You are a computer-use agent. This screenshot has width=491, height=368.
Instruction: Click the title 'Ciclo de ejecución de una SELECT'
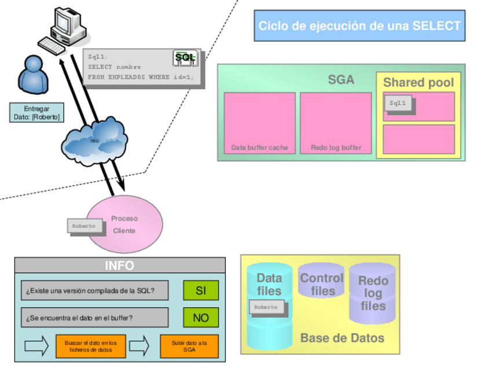pos(359,25)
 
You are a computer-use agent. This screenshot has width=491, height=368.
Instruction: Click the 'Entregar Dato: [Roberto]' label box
pos(36,113)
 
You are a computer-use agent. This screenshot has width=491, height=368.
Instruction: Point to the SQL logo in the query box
pos(185,57)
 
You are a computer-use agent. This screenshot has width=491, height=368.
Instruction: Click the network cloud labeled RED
pos(96,141)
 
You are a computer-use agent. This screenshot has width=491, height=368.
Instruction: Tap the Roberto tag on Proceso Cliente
pos(84,226)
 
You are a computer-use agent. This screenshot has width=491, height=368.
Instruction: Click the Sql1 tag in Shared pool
pos(398,103)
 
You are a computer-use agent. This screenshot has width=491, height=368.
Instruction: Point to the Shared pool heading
pos(418,83)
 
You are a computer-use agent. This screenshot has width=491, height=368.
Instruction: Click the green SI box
pos(200,290)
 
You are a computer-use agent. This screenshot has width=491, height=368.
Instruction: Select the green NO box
pos(200,318)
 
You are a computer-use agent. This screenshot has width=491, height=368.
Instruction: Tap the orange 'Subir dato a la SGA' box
pos(189,346)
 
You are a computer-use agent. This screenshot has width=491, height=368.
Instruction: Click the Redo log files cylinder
pos(372,293)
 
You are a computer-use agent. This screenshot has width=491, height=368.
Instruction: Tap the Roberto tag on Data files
pos(266,307)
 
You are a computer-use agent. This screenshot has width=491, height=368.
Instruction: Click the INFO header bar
pos(119,266)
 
